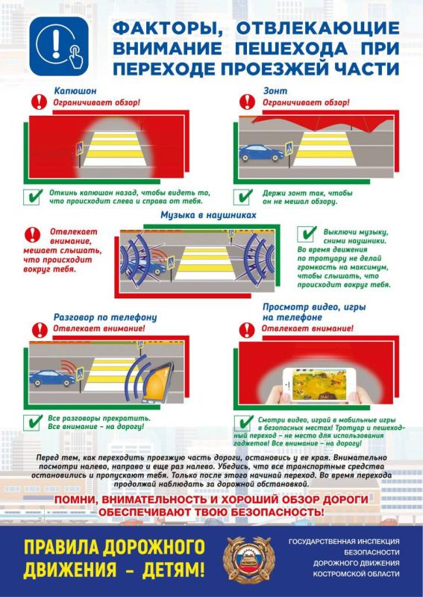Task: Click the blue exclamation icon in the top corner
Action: click(x=59, y=46)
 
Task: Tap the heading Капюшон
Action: click(x=75, y=91)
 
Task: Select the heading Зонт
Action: click(x=275, y=91)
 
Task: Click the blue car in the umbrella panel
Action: click(x=261, y=153)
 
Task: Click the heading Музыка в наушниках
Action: click(x=208, y=215)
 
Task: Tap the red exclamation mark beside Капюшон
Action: click(x=40, y=101)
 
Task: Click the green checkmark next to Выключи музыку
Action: click(x=307, y=234)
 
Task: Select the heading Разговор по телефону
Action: click(x=104, y=318)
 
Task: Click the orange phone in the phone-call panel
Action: click(x=157, y=383)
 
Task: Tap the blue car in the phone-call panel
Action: click(x=52, y=378)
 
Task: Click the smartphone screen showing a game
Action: click(x=319, y=384)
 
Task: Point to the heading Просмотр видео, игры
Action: click(x=314, y=307)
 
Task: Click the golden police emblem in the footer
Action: click(x=249, y=560)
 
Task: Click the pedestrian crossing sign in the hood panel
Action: click(x=80, y=148)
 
